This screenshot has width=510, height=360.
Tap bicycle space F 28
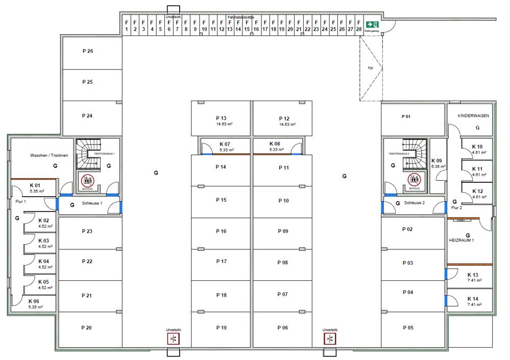359,26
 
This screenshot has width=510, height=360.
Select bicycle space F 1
126,26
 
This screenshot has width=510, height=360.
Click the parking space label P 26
87,51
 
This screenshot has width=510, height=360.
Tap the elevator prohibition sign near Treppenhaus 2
414,179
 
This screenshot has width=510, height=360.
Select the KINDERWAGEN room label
473,116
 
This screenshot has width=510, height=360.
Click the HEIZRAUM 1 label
462,239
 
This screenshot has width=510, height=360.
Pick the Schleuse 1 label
92,203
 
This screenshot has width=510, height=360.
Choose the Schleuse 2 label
415,203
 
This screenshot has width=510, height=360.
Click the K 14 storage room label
473,299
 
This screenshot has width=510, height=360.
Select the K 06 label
34,301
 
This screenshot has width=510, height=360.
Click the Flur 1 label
20,202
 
